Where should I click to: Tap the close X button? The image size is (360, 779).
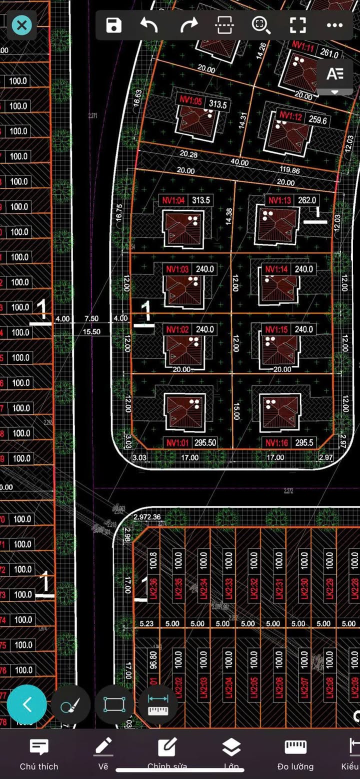(x=21, y=25)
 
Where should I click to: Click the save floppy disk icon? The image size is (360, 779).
(x=114, y=25)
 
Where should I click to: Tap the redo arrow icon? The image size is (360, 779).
(x=188, y=25)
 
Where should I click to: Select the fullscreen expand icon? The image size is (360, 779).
(x=297, y=25)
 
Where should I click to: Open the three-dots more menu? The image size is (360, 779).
(x=334, y=25)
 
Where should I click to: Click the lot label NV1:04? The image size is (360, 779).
(x=173, y=200)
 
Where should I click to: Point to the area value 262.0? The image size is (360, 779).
(x=307, y=200)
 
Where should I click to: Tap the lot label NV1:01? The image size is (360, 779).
(x=177, y=442)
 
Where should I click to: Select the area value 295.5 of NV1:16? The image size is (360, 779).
(x=304, y=442)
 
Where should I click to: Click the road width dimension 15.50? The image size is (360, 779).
(x=91, y=331)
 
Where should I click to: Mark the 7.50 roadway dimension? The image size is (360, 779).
(x=91, y=318)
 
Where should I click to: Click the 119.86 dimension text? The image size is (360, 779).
(x=289, y=170)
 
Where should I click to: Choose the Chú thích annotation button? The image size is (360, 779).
(x=39, y=754)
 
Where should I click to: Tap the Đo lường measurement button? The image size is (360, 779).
(x=295, y=754)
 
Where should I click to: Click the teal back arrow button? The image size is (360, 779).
(x=27, y=704)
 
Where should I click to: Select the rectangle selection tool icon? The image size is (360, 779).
(x=114, y=704)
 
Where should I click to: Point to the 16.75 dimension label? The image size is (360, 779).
(x=118, y=212)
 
